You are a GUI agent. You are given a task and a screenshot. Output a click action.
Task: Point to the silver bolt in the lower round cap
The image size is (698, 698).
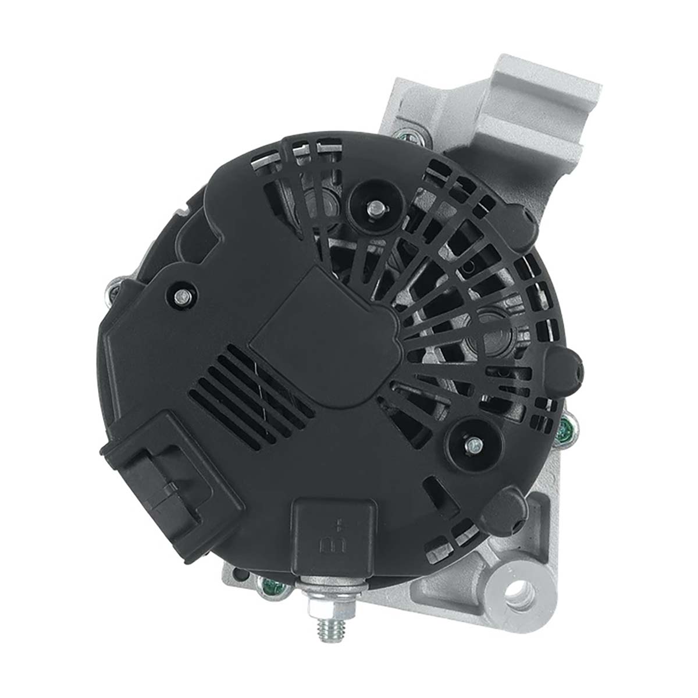pyautogui.click(x=474, y=444)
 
